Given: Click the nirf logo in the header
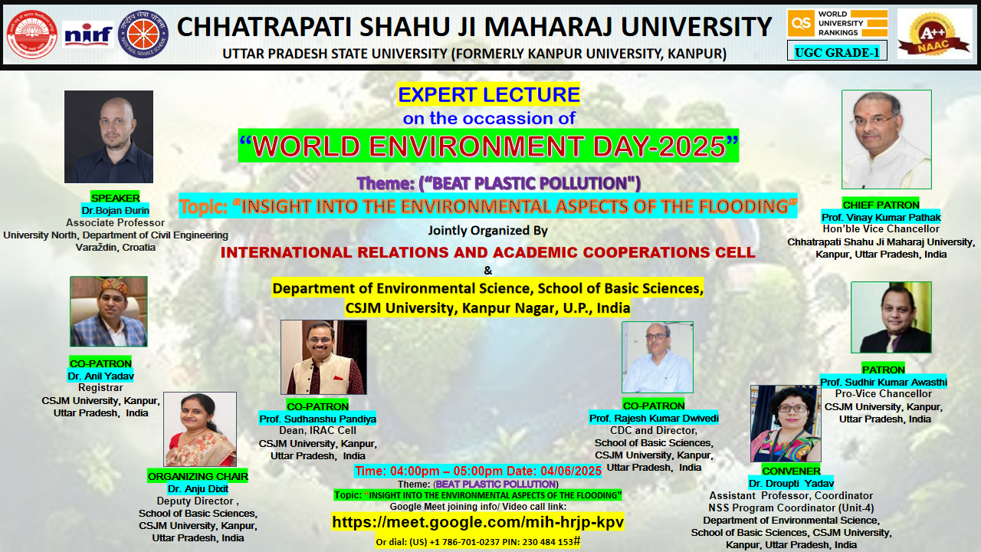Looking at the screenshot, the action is [88, 34].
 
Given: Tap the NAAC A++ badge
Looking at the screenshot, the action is [934, 34].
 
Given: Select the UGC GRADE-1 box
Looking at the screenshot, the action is [837, 51].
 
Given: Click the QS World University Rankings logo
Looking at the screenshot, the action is [838, 23].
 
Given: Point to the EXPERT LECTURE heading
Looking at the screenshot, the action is [489, 94].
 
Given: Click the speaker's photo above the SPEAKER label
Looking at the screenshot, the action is [109, 136].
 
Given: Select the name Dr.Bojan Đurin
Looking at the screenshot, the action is [115, 210].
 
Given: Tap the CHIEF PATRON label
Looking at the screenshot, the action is [881, 205].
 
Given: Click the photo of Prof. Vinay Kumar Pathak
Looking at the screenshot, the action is [887, 140].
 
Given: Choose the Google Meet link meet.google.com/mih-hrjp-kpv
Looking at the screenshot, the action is [477, 522].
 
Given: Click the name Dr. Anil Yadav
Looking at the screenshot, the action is [100, 376].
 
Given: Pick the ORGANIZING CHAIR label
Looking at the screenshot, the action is [198, 476].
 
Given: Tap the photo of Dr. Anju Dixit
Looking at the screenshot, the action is [200, 429].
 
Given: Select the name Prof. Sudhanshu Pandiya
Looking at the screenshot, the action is [317, 419].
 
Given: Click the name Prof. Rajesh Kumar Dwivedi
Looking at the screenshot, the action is [654, 418].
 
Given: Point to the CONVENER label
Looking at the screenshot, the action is [791, 471].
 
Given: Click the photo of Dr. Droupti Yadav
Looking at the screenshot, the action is [786, 424].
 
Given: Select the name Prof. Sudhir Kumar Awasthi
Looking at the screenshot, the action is [884, 382].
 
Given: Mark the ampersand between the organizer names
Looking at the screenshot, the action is [488, 271].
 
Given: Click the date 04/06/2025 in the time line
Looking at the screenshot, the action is [571, 471].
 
